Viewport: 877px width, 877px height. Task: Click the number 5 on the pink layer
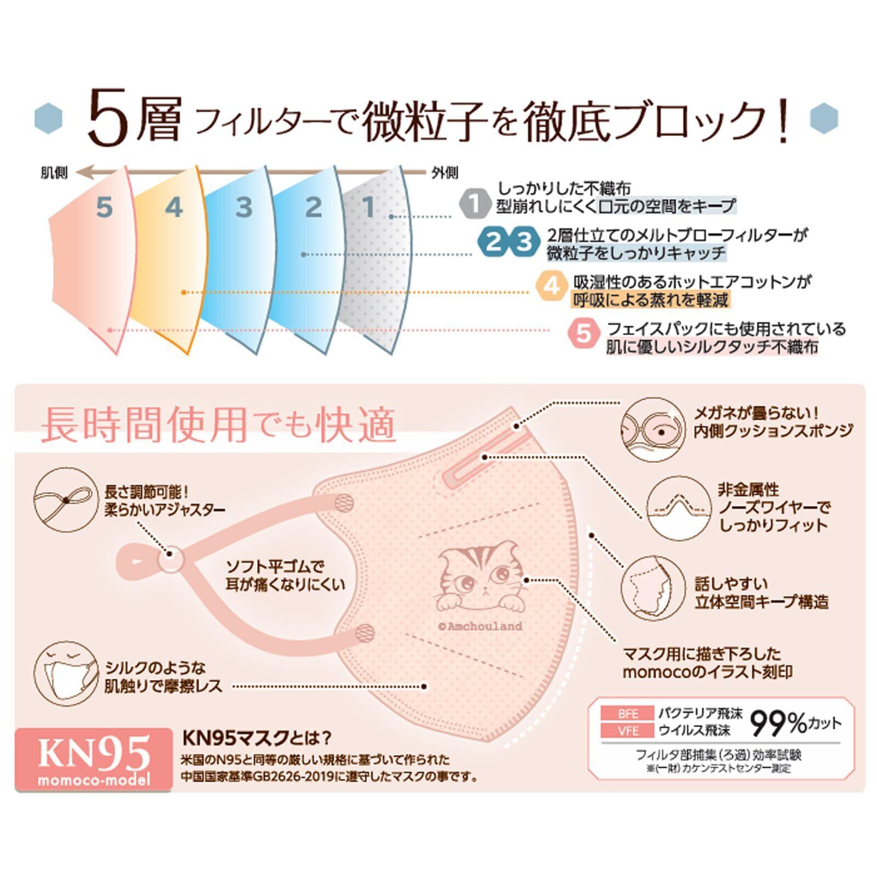(104, 208)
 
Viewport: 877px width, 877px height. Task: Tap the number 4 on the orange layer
(173, 207)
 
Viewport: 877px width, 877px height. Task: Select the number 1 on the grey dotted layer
(369, 207)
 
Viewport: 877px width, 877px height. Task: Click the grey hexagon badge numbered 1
(475, 203)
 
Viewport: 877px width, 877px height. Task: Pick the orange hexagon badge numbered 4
(553, 285)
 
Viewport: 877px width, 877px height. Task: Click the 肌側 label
(54, 173)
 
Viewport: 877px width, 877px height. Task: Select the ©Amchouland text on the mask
(480, 626)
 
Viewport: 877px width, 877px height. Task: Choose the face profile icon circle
(653, 590)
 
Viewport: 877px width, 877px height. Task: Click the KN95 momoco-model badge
(93, 759)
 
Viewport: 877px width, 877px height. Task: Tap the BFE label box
(628, 713)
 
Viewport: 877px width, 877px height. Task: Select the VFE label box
(628, 731)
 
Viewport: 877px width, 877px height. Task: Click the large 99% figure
(778, 723)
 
